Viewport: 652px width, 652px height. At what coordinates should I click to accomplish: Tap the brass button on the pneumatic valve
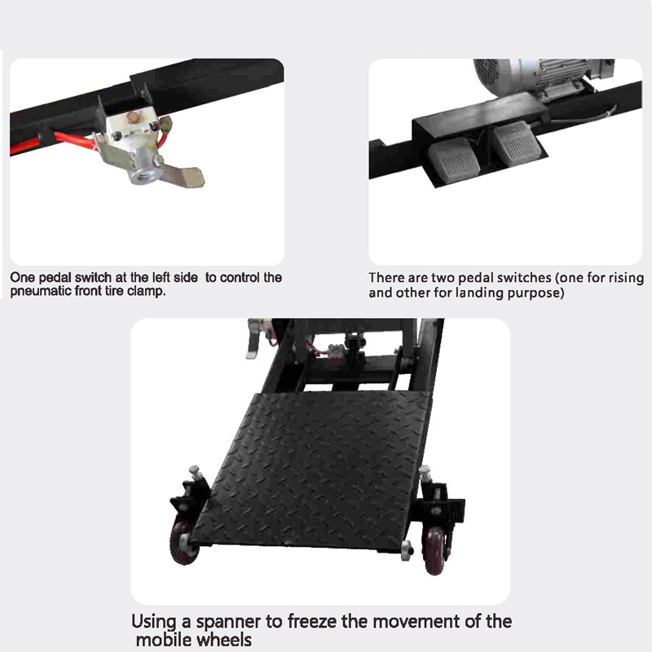[133, 117]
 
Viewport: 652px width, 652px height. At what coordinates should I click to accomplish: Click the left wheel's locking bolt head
[194, 471]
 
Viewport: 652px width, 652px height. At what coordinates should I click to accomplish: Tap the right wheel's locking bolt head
[425, 472]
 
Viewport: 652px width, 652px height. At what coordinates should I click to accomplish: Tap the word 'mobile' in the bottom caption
[164, 640]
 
